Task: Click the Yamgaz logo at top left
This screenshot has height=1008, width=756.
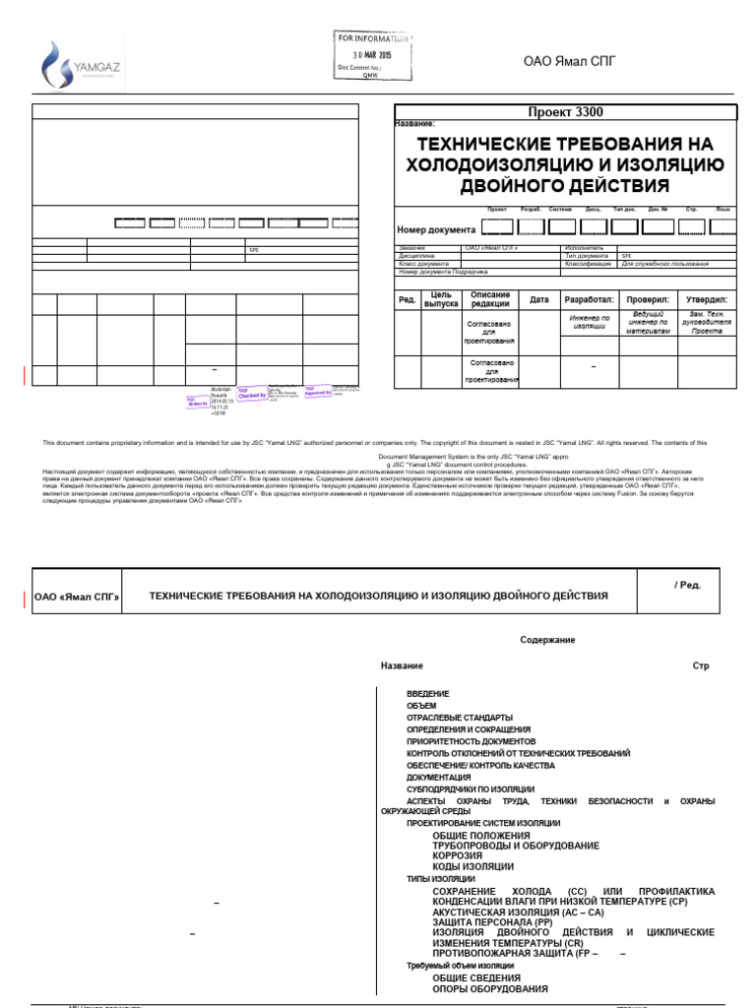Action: pyautogui.click(x=80, y=64)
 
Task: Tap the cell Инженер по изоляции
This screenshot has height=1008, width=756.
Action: pyautogui.click(x=589, y=322)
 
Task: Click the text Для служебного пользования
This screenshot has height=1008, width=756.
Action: pyautogui.click(x=664, y=264)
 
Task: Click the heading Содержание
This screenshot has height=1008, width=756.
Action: pyautogui.click(x=547, y=640)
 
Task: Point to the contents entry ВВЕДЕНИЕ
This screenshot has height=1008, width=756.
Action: pyautogui.click(x=427, y=694)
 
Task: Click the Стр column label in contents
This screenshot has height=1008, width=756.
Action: pyautogui.click(x=700, y=666)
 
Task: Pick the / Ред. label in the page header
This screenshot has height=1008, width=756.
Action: pyautogui.click(x=687, y=585)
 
